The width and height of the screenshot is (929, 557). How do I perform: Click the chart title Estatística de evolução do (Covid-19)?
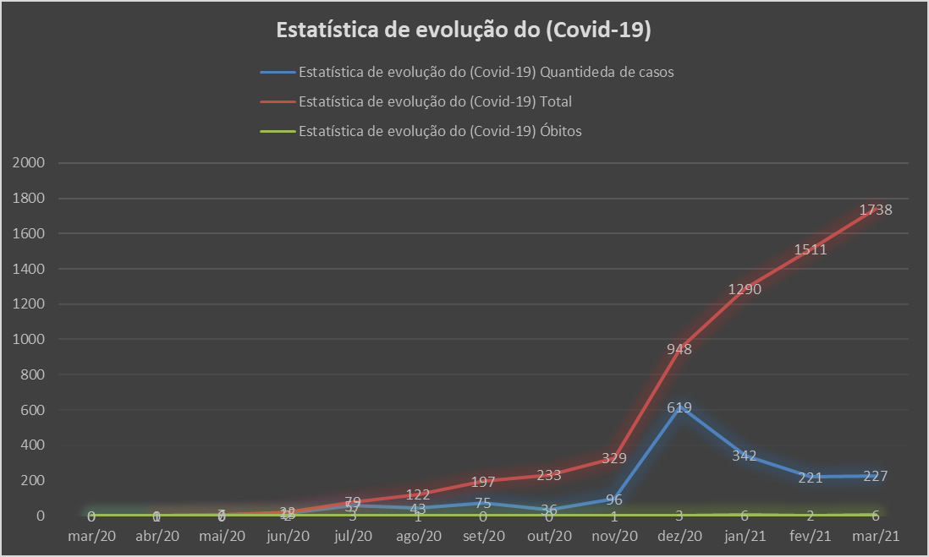tap(464, 31)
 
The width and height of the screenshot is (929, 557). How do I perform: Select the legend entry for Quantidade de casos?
tap(486, 72)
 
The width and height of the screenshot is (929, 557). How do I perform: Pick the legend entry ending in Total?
tap(435, 101)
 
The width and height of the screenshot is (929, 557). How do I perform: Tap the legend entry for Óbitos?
tap(440, 131)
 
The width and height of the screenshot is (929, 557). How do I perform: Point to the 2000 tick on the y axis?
tap(29, 163)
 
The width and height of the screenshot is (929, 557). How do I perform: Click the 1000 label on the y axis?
tap(29, 339)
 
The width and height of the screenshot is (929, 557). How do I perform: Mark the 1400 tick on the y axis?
tap(29, 269)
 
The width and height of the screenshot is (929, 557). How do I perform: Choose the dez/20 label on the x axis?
tap(679, 535)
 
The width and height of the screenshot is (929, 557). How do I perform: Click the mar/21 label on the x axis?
tap(875, 535)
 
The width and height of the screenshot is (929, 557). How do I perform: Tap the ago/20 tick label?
tap(418, 535)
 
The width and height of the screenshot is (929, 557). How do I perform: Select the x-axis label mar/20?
tap(91, 535)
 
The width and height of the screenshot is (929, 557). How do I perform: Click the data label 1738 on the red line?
tap(875, 210)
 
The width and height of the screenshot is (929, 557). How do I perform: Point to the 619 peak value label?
tap(679, 407)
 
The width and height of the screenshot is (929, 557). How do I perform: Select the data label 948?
tap(679, 348)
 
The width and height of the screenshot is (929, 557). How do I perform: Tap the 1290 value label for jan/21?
tap(745, 290)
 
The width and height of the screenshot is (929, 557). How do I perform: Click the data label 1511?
tap(810, 249)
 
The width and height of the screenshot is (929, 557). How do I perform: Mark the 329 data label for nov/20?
tap(614, 458)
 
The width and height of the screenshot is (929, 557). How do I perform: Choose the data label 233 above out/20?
tap(549, 475)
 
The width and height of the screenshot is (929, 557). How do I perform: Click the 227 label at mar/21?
tap(875, 476)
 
